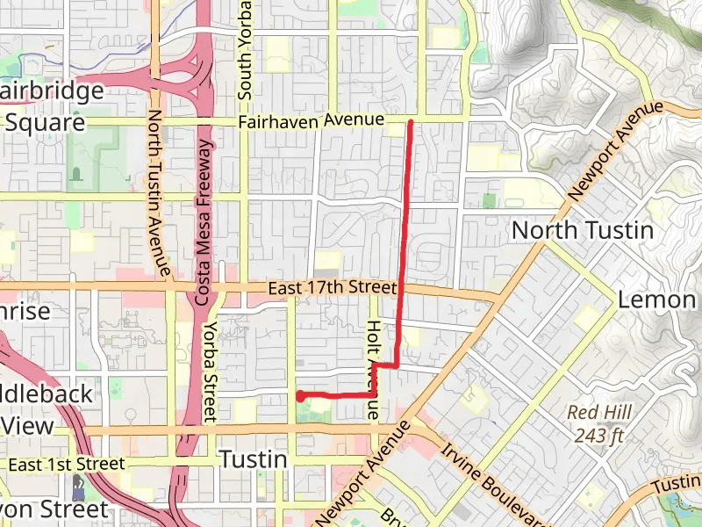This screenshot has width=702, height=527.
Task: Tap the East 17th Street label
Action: [333, 287]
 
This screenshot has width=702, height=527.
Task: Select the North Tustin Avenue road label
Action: [157, 192]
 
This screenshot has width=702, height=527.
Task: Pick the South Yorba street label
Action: [246, 48]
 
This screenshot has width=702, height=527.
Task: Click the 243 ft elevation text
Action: [600, 434]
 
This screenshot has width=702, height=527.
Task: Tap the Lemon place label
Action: [656, 300]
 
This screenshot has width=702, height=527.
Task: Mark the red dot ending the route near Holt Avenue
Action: [300, 396]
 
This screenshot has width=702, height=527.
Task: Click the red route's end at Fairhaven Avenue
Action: [410, 123]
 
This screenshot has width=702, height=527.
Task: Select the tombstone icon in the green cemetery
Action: [76, 174]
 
